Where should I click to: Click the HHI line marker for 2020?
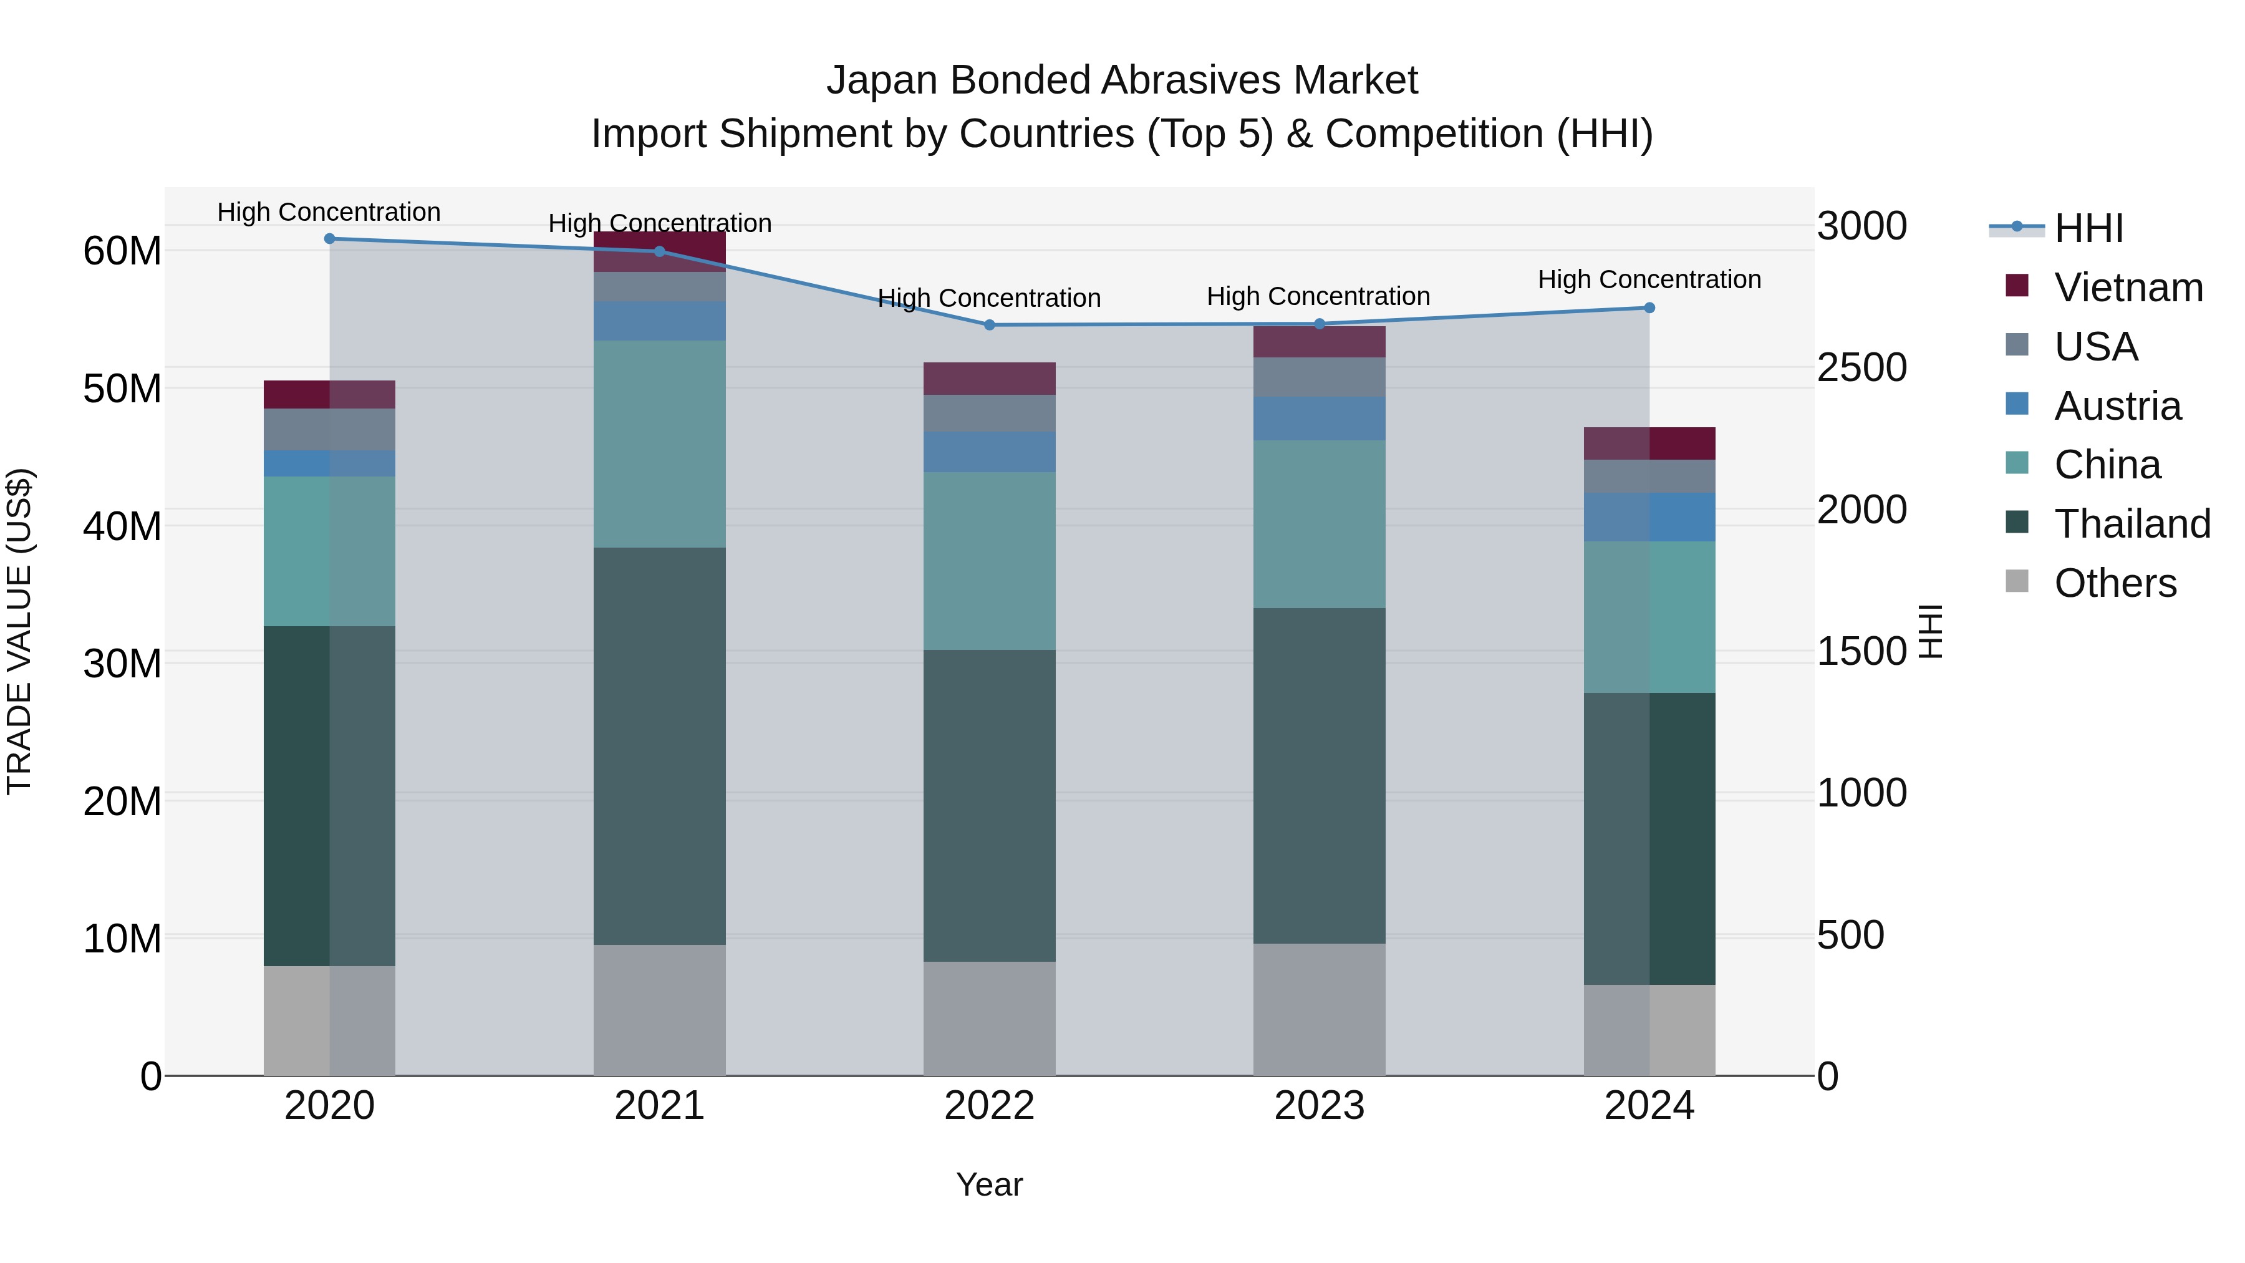329,239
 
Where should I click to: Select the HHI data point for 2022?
989,325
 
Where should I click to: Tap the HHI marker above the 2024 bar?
1649,307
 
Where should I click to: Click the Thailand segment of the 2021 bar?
659,745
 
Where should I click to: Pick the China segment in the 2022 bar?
989,561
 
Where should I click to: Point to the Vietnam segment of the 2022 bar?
989,379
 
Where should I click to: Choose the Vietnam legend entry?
2127,288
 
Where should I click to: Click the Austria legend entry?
2117,406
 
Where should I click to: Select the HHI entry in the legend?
2088,228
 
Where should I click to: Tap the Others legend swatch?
2017,581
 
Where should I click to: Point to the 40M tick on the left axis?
122,526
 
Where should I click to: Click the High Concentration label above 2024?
1649,280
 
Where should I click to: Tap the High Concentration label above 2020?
329,213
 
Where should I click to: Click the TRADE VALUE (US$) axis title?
19,631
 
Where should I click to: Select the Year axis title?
989,1184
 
